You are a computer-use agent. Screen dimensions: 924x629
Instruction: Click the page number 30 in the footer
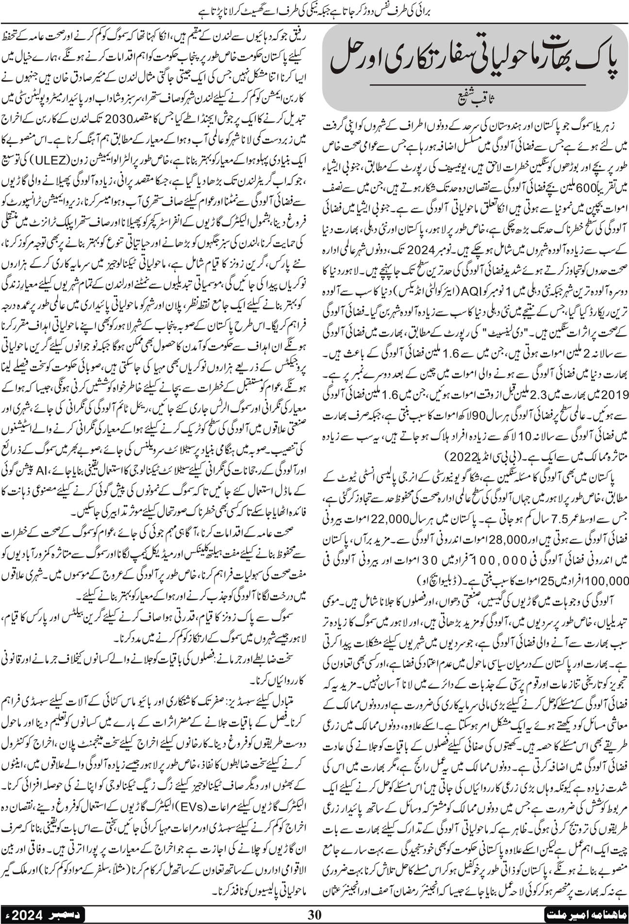[x=315, y=915]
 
